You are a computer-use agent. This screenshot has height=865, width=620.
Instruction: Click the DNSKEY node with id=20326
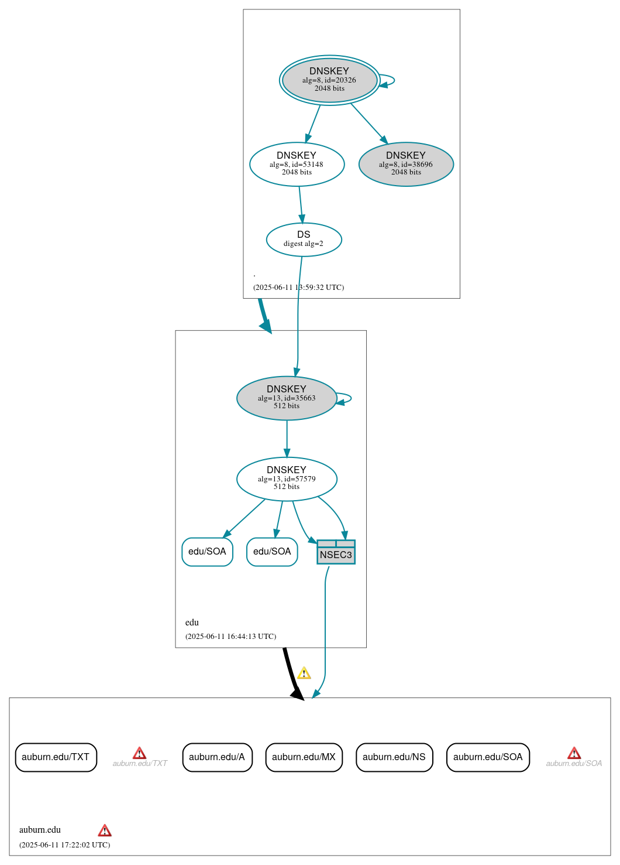point(329,80)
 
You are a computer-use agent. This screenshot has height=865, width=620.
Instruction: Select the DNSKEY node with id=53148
point(297,164)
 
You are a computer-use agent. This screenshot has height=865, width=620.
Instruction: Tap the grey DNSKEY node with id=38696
point(406,164)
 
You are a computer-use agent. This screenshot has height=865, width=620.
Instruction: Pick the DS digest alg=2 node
point(304,239)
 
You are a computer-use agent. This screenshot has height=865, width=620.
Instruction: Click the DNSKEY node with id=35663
point(287,398)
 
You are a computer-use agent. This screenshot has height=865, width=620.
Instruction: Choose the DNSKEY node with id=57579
point(287,478)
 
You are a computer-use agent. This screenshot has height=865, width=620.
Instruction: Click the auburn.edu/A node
point(217,757)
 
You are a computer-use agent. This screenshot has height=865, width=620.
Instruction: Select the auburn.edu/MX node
point(304,757)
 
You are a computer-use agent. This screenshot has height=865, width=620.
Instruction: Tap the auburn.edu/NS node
point(394,757)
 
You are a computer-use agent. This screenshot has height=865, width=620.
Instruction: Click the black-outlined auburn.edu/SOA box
point(488,757)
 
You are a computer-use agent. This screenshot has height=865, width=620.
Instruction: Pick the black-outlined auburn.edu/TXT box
point(56,757)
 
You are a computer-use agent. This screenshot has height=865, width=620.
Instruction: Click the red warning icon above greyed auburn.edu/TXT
point(139,753)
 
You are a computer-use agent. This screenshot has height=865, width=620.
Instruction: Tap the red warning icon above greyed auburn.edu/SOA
point(574,753)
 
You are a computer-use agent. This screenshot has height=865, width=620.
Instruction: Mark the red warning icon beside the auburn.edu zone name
point(105,830)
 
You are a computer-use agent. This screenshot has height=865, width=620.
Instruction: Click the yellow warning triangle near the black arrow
point(304,673)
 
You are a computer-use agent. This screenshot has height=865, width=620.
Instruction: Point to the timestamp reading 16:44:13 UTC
point(230,637)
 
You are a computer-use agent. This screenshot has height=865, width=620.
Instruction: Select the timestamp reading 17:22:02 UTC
point(64,845)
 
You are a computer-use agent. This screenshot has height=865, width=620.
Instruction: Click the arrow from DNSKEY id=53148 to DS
point(301,204)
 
